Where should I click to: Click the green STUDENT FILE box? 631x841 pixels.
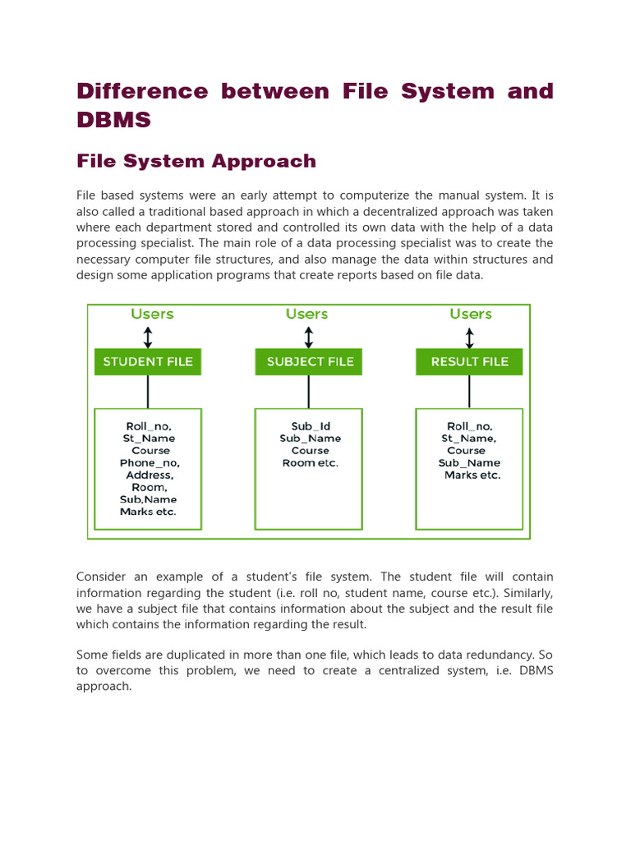point(148,361)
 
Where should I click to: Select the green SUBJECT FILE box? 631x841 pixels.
point(309,361)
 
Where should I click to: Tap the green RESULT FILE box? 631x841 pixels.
point(469,361)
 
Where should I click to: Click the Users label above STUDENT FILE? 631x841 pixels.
point(152,314)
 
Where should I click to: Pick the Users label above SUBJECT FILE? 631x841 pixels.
point(306,314)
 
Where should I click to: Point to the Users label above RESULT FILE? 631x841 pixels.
point(471,314)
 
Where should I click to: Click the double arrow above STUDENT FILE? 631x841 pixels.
point(148,338)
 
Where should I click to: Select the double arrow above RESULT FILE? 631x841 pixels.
point(469,338)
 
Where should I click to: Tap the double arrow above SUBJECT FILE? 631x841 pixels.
point(309,338)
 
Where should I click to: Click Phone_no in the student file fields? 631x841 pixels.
point(150,463)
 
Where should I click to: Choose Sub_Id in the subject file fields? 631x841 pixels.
point(311,426)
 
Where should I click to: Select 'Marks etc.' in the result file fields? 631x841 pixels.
point(472,475)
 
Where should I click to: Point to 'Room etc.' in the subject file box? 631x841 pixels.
point(311,463)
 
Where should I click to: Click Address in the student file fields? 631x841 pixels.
point(150,475)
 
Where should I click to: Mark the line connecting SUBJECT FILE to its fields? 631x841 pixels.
point(309,392)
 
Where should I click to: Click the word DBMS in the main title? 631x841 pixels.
point(114,120)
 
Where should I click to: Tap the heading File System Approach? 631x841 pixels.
point(196,161)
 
